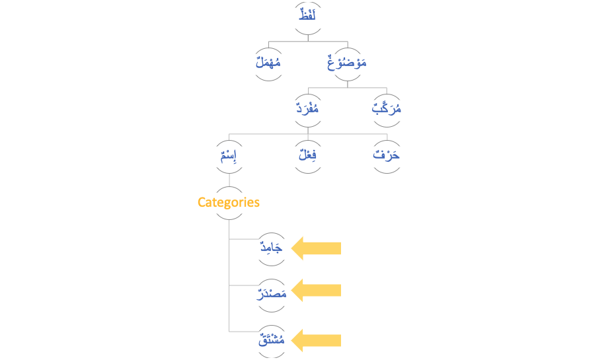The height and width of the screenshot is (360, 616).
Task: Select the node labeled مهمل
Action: click(x=268, y=64)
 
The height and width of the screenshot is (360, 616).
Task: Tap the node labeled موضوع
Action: click(x=348, y=64)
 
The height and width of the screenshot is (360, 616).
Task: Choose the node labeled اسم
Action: click(x=229, y=157)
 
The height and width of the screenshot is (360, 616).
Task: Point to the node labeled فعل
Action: click(x=308, y=157)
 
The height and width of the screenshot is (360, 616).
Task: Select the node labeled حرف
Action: click(x=387, y=157)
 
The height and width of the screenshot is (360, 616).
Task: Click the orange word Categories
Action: click(x=229, y=202)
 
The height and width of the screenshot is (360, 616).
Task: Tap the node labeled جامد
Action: click(x=271, y=249)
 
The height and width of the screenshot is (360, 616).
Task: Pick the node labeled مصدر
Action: click(x=271, y=291)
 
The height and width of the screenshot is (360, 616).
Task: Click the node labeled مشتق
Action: click(x=271, y=341)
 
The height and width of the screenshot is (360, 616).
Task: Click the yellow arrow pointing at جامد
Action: click(x=317, y=248)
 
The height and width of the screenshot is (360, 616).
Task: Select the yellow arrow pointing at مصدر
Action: click(x=317, y=290)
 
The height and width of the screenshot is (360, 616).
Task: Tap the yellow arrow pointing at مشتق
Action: click(x=317, y=340)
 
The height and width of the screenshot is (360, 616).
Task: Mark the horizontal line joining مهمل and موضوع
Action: click(x=308, y=40)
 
